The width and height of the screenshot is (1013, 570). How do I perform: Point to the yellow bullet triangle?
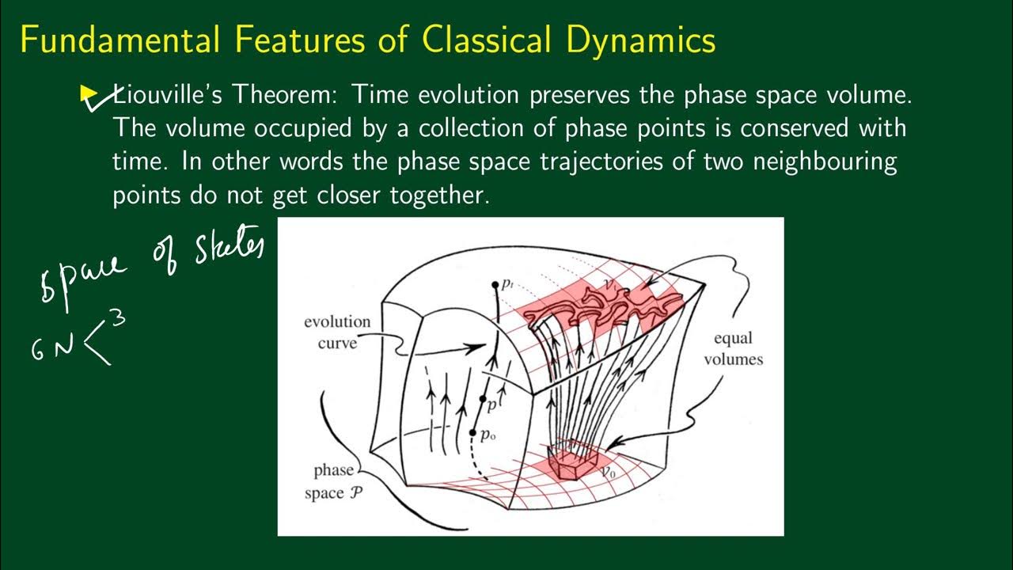[x=89, y=95]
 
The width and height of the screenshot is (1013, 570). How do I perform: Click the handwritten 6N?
[x=52, y=349]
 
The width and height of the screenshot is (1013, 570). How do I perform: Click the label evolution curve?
[x=337, y=332]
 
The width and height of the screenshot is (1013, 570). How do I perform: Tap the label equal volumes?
[x=738, y=349]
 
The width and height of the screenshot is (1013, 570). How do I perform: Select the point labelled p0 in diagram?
[x=473, y=433]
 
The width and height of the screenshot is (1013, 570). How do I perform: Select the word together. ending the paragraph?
[x=440, y=195]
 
